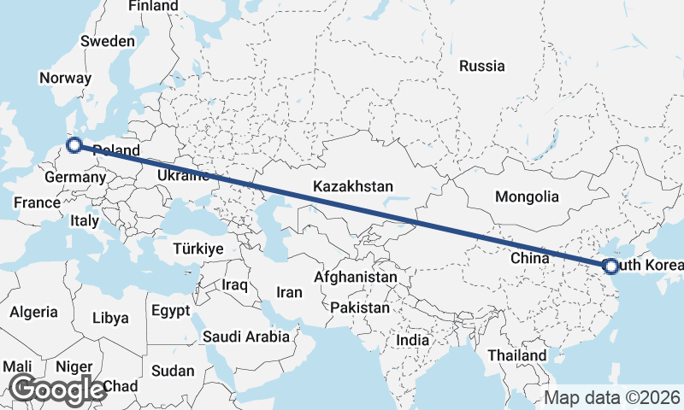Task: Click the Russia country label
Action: pos(481,66)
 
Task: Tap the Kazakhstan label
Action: pos(353,186)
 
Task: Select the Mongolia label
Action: pos(527,196)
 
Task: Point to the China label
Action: pos(528,257)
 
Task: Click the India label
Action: pos(413,340)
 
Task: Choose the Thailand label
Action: pos(516,354)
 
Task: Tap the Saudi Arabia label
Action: pos(246,337)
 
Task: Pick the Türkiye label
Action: pos(198,249)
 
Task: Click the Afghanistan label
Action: pos(356,278)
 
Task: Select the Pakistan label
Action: pos(360,307)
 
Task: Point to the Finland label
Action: pos(154,6)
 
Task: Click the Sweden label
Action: pos(108,41)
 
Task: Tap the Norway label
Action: pos(65,78)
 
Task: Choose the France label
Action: pos(37,203)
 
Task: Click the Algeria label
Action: pos(34,313)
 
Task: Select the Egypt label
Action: pos(171,310)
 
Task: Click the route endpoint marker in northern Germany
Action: pos(74,145)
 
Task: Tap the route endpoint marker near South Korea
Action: pos(610,266)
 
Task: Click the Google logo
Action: pos(56,389)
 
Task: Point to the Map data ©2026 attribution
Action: pos(612,397)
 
